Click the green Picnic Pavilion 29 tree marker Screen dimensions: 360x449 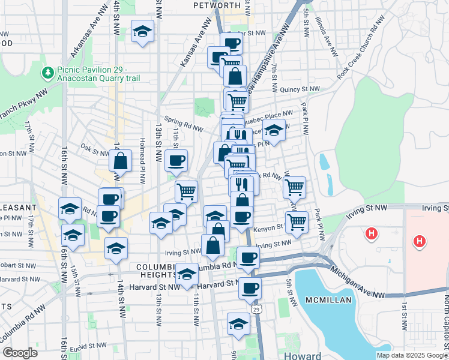47,73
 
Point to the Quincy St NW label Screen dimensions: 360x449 300,89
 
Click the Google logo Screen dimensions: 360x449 20,352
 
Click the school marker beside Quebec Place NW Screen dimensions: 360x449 274,130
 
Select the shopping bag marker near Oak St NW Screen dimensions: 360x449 120,161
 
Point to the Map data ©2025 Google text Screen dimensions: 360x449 411,355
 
